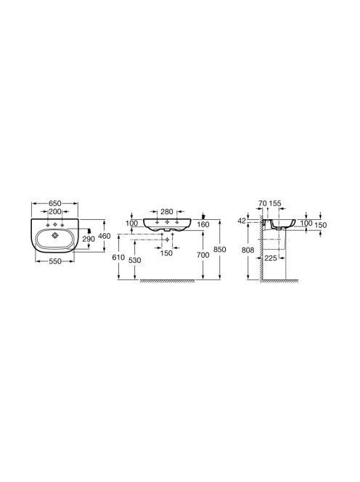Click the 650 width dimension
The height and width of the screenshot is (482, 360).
55,203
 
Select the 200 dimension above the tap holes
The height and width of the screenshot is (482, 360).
55,211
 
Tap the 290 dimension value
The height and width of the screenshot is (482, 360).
89,239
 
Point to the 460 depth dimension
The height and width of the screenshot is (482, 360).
105,236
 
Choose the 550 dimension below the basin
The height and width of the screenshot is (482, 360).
55,261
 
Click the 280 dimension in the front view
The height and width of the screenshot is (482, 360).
167,211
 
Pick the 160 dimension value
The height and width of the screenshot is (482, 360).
203,225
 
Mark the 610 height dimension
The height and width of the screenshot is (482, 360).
118,257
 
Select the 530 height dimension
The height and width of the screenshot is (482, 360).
135,261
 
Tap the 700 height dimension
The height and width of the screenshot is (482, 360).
203,255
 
